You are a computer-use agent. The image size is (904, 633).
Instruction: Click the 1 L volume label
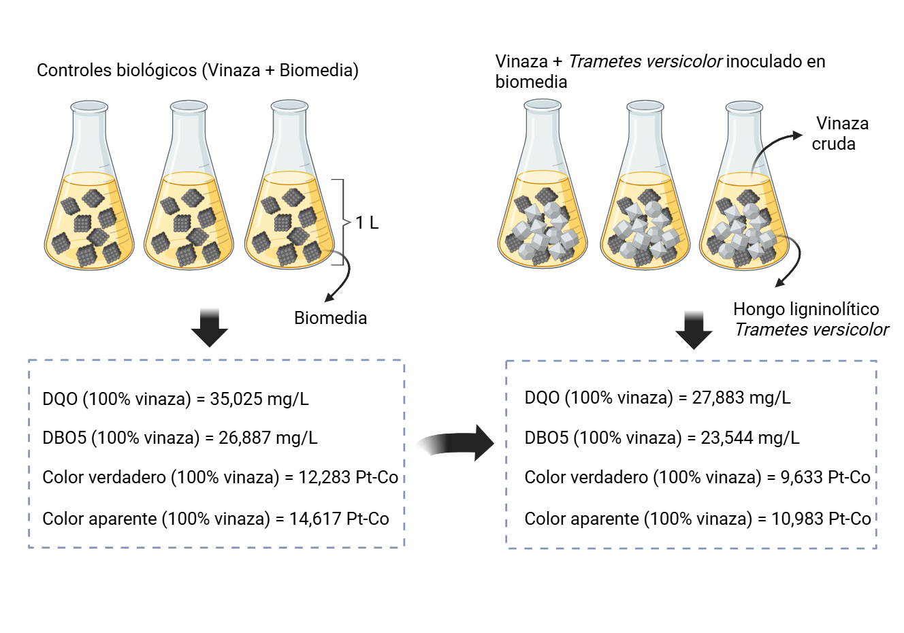(367, 223)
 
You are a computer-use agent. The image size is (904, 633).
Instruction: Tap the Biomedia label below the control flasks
(331, 318)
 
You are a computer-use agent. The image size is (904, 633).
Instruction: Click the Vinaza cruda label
(839, 133)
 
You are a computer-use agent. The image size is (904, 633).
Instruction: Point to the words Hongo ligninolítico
(806, 310)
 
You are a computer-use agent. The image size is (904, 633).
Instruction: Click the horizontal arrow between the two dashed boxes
(455, 443)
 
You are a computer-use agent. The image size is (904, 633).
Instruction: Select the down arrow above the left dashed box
(210, 328)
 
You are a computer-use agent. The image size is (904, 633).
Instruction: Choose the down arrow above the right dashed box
(694, 330)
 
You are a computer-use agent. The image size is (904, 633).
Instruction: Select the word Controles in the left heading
(74, 70)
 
